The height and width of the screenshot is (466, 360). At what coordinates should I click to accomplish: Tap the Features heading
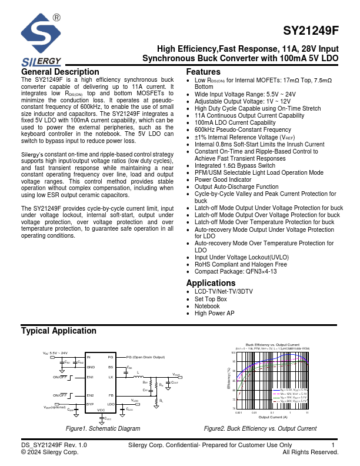(x=203, y=72)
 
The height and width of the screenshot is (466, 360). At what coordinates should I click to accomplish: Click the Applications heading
(x=211, y=283)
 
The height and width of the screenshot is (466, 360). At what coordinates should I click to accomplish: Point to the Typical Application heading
(x=59, y=331)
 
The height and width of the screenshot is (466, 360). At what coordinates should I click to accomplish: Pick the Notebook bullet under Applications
(x=207, y=306)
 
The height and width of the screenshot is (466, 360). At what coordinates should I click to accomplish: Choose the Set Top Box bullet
(x=211, y=299)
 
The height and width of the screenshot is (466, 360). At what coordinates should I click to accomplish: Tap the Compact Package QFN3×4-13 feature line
(x=235, y=272)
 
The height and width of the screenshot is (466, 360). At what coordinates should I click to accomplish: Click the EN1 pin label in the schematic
(x=91, y=377)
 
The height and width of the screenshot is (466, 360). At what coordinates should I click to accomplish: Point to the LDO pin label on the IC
(x=111, y=404)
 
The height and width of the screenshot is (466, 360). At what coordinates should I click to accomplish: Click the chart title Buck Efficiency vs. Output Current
(x=272, y=344)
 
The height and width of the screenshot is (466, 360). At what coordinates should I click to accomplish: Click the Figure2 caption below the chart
(x=260, y=429)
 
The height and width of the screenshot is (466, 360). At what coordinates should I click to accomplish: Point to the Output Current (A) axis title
(x=272, y=417)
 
